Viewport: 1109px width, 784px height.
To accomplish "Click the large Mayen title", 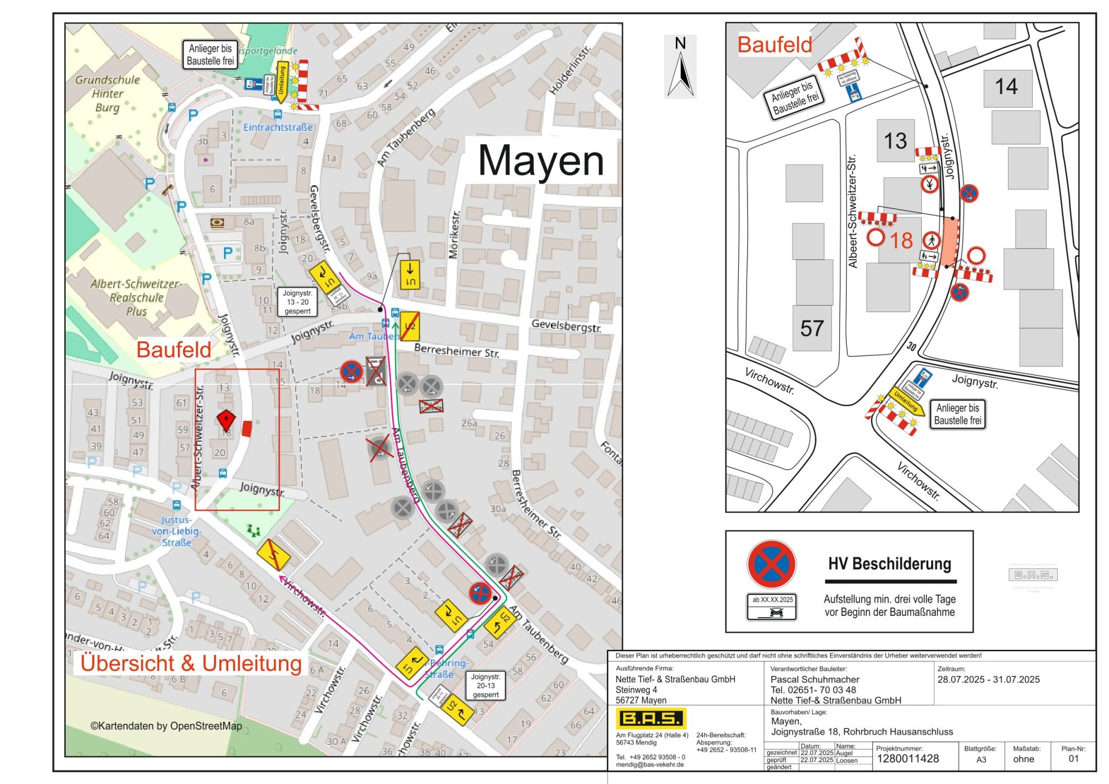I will coord(541,161).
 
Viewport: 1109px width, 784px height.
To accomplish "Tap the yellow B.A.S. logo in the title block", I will coord(651,718).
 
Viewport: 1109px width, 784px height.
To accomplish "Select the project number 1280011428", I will coord(907,759).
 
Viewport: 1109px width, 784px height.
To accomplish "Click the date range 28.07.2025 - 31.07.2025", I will coord(988,679).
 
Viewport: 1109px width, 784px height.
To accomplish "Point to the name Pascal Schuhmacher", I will coord(814,679).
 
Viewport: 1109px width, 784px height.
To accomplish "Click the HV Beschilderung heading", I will coord(889,564).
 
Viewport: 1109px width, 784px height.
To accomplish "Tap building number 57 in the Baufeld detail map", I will coord(812,329).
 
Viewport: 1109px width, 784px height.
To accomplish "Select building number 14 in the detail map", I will coord(1006,87).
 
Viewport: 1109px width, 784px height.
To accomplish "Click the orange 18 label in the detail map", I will coord(900,240).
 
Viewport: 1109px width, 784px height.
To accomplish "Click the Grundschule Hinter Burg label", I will coord(107,94).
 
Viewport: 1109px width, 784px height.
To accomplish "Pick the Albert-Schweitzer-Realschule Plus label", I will coord(136,298).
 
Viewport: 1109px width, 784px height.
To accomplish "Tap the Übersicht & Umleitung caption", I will coord(191,663).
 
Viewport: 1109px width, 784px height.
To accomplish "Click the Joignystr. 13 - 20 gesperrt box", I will coord(297,302).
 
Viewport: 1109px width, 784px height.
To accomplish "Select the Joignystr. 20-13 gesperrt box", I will coord(485,686).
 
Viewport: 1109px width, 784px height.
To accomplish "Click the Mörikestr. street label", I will coord(455,234).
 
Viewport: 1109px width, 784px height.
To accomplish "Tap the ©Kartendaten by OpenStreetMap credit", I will coord(166,726).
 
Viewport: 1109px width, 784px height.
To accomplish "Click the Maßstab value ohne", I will coord(1023,759).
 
